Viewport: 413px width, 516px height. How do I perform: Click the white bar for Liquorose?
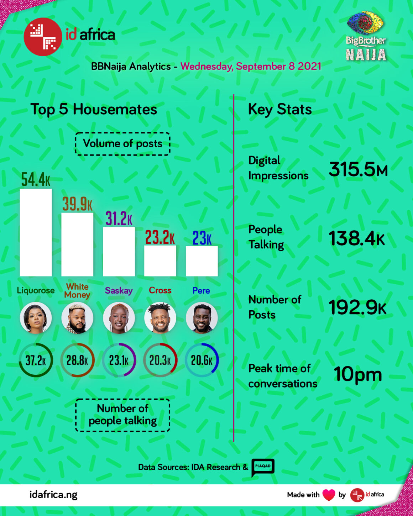click(x=36, y=232)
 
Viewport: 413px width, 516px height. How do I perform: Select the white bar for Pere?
click(x=202, y=261)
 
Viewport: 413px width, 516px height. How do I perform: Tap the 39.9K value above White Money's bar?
click(x=77, y=204)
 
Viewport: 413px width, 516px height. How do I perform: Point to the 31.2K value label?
click(x=119, y=218)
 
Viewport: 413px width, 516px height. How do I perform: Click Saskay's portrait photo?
click(x=119, y=318)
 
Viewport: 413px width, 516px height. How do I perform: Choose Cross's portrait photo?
click(x=160, y=318)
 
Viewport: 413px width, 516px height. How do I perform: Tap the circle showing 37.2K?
click(x=36, y=360)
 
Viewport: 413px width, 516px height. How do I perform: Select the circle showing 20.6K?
click(x=202, y=360)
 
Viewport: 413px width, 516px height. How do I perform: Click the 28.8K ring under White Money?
click(x=77, y=360)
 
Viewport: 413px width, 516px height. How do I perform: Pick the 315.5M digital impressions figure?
click(x=358, y=169)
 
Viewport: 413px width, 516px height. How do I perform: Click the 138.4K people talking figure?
click(x=356, y=238)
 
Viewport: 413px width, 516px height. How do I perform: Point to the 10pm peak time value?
click(x=357, y=374)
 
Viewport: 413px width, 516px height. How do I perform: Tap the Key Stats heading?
click(x=280, y=109)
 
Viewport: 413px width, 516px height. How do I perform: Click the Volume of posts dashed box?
click(x=122, y=144)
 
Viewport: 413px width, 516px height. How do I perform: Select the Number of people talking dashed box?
click(x=122, y=415)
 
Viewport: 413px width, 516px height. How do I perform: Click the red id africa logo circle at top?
click(x=43, y=37)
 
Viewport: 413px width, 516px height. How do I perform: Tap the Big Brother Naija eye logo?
click(x=365, y=23)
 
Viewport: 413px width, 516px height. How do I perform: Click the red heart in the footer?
click(x=329, y=495)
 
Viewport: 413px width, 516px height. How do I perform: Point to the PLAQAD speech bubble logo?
click(x=263, y=467)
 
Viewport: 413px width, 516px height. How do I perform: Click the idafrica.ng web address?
click(x=53, y=495)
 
